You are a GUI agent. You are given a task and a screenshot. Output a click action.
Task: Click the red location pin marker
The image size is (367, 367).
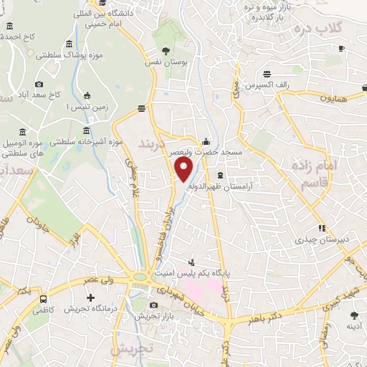(184, 171)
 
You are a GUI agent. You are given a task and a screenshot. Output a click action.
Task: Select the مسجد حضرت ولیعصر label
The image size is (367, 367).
(207, 152)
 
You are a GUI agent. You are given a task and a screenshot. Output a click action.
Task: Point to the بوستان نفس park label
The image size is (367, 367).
(166, 63)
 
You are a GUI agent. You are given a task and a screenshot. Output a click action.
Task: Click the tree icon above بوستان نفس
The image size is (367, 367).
(166, 51)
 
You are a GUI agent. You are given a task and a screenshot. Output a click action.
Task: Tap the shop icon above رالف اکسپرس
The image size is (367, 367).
(267, 73)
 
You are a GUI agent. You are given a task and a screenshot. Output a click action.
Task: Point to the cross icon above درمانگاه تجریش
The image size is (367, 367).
(90, 297)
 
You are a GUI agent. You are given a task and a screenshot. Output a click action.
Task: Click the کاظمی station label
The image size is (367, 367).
(43, 310)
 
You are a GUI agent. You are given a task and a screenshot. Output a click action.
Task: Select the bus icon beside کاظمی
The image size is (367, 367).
(44, 299)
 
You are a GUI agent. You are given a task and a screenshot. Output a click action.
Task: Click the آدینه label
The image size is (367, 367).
(353, 325)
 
